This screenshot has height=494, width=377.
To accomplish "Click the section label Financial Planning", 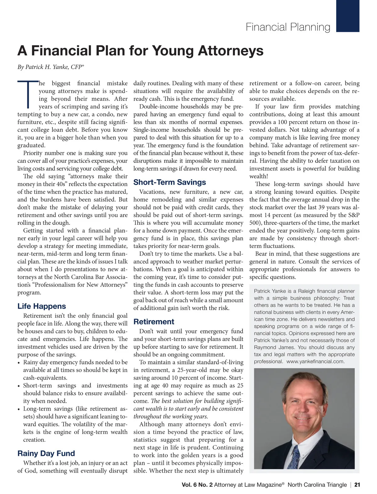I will (x=288, y=27).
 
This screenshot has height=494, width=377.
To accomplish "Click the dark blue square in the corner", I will (x=347, y=16).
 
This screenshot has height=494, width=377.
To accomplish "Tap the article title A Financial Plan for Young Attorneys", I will (x=140, y=51).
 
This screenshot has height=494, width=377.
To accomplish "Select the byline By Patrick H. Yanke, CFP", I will (x=51, y=67).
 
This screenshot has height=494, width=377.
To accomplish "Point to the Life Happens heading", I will (x=41, y=306).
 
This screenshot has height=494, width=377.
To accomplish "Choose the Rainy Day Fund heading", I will (x=46, y=453).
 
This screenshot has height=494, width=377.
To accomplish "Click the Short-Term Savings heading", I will (x=170, y=182).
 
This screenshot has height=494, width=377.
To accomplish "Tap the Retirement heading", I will (x=154, y=321).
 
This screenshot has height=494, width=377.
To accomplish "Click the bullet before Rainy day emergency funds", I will (x=19, y=363).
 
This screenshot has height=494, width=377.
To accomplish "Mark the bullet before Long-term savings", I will (x=19, y=409).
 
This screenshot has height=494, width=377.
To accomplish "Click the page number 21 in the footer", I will (x=357, y=485).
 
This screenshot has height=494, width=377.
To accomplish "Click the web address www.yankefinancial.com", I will (x=315, y=361).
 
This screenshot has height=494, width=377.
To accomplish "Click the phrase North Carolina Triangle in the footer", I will (x=317, y=485).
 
